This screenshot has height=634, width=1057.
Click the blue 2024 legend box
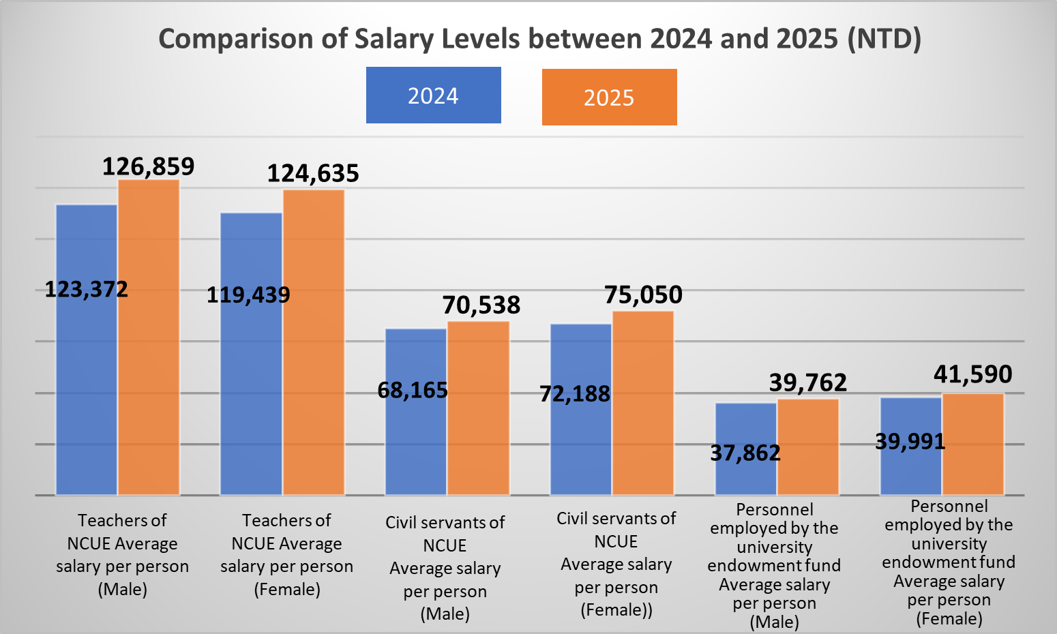[433, 95]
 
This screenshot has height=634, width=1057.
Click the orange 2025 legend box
[609, 97]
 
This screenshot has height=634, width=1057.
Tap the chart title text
[539, 39]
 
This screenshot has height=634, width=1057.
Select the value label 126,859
[148, 166]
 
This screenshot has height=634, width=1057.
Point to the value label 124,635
[312, 174]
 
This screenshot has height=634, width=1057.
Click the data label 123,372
[86, 290]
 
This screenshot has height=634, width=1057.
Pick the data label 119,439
[248, 295]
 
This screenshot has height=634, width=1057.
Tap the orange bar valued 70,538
[478, 409]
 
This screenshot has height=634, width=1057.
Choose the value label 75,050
[643, 295]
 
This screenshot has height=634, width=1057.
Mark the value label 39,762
[808, 383]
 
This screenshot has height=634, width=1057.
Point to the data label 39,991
[910, 442]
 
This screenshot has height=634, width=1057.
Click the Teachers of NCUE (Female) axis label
[286, 554]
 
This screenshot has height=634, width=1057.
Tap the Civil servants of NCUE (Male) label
[445, 568]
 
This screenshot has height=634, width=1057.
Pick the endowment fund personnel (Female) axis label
[949, 562]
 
